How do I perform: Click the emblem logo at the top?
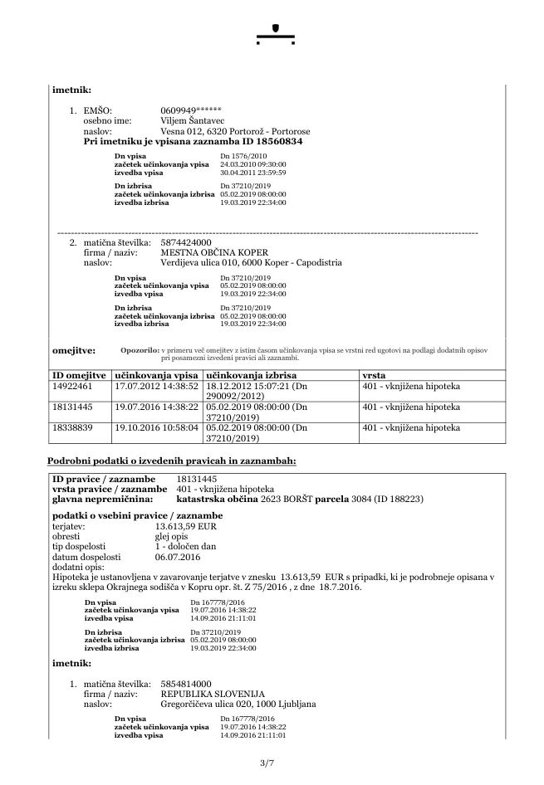click(276, 32)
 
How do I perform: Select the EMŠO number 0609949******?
click(191, 110)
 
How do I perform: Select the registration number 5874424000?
click(188, 241)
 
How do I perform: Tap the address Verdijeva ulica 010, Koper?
click(251, 263)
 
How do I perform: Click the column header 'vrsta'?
click(374, 375)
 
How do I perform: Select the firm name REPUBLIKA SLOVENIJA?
click(213, 693)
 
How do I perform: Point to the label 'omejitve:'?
click(73, 351)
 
